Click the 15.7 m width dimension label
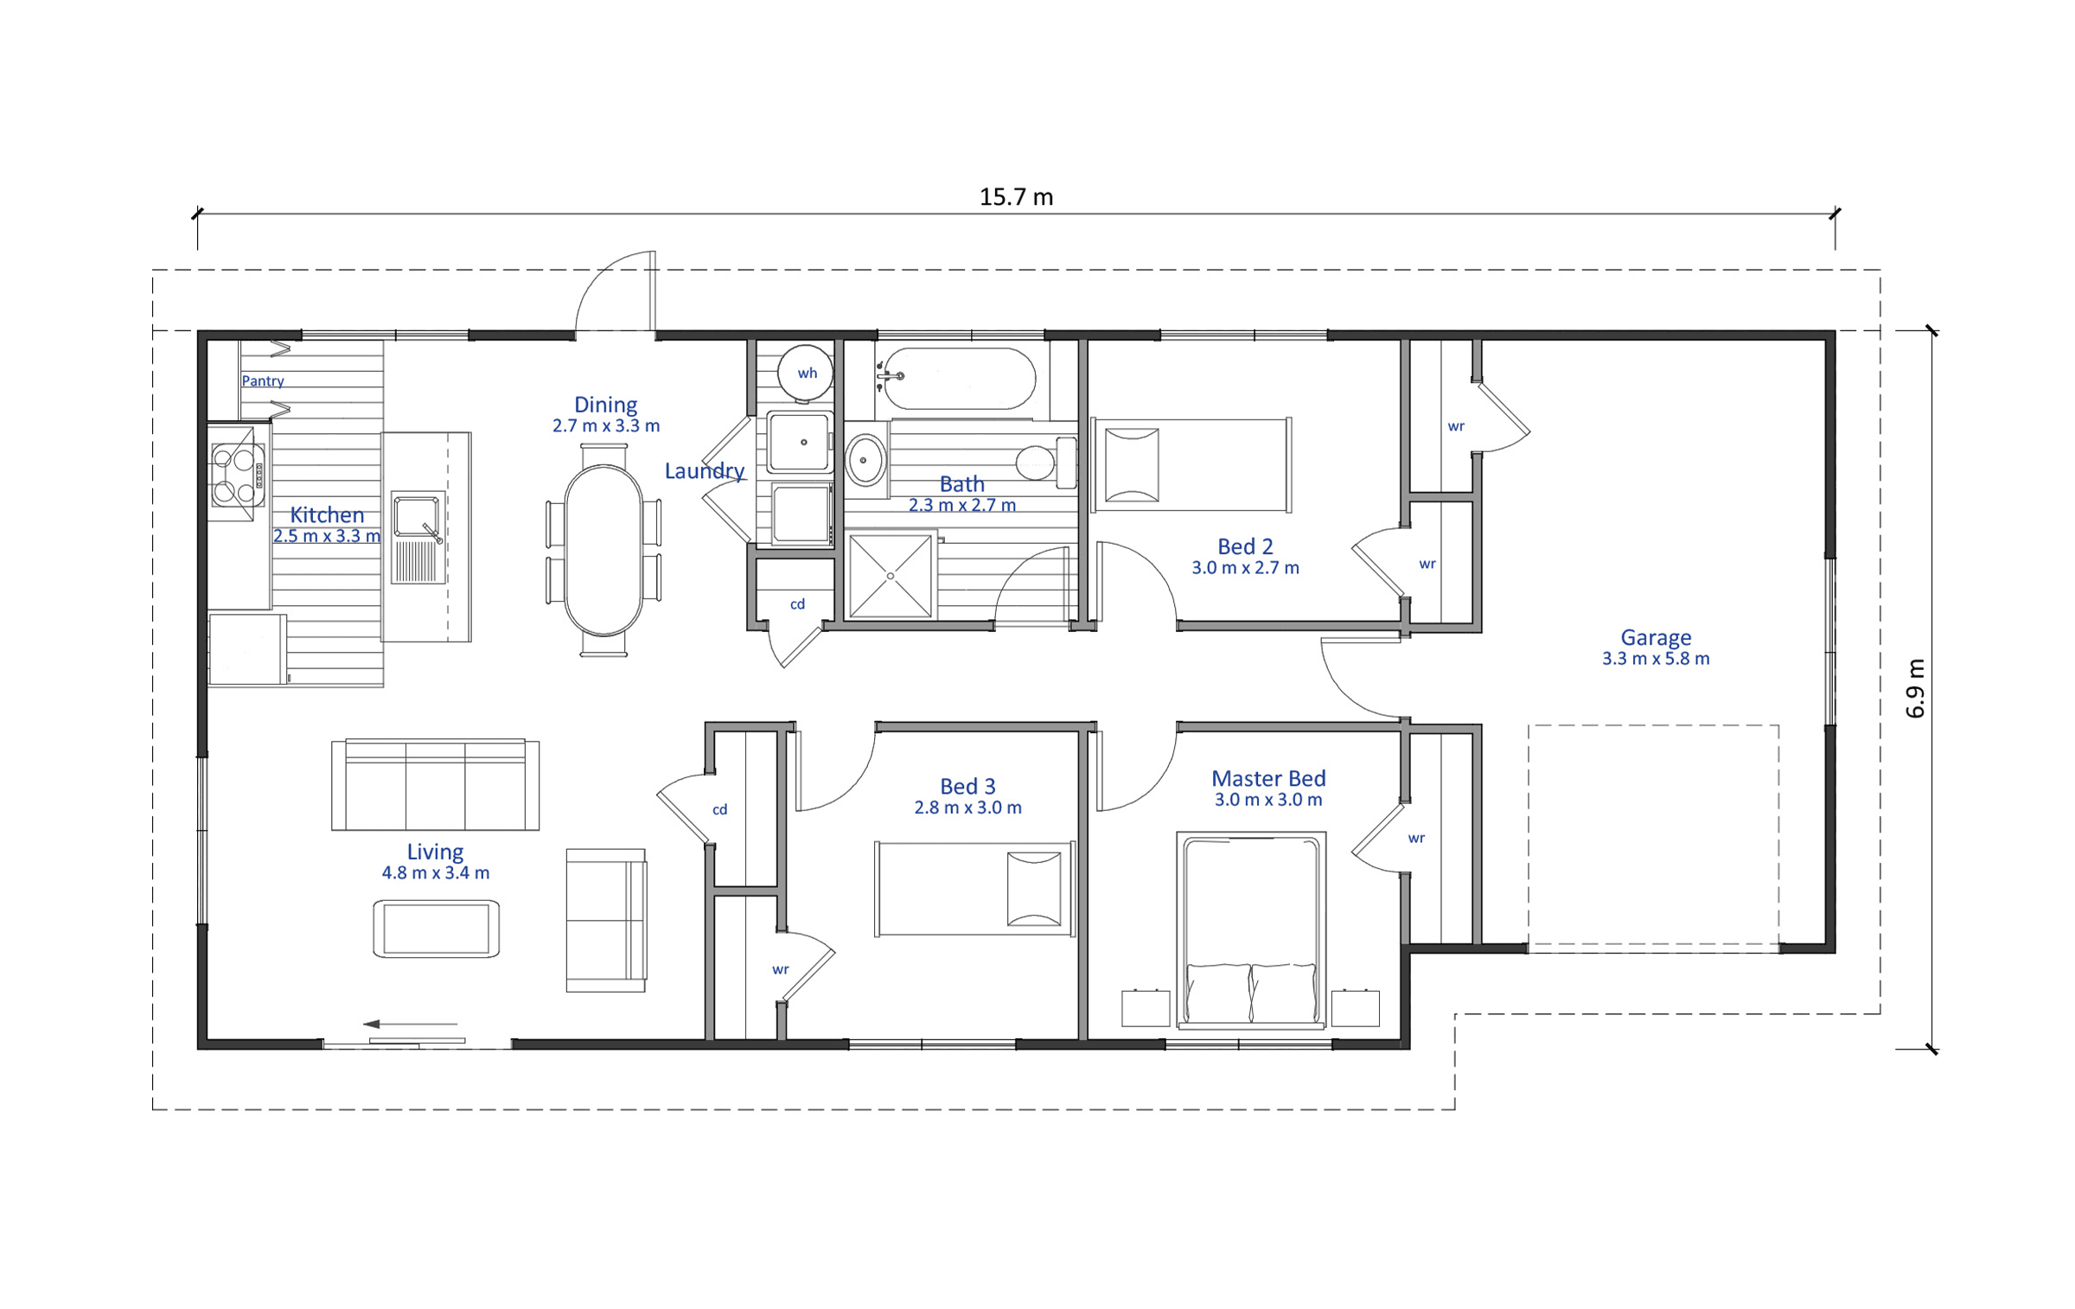1016,197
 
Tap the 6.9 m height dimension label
1915,688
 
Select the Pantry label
263,381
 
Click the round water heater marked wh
805,374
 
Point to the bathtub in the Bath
959,379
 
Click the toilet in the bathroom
1046,463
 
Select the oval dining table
603,550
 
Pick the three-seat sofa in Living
436,784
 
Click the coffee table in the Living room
437,929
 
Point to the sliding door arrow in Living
410,1024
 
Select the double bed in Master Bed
1251,930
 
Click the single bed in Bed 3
975,889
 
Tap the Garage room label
1656,637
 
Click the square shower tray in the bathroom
891,576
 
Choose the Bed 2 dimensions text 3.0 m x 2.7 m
1245,568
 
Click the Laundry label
705,471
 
